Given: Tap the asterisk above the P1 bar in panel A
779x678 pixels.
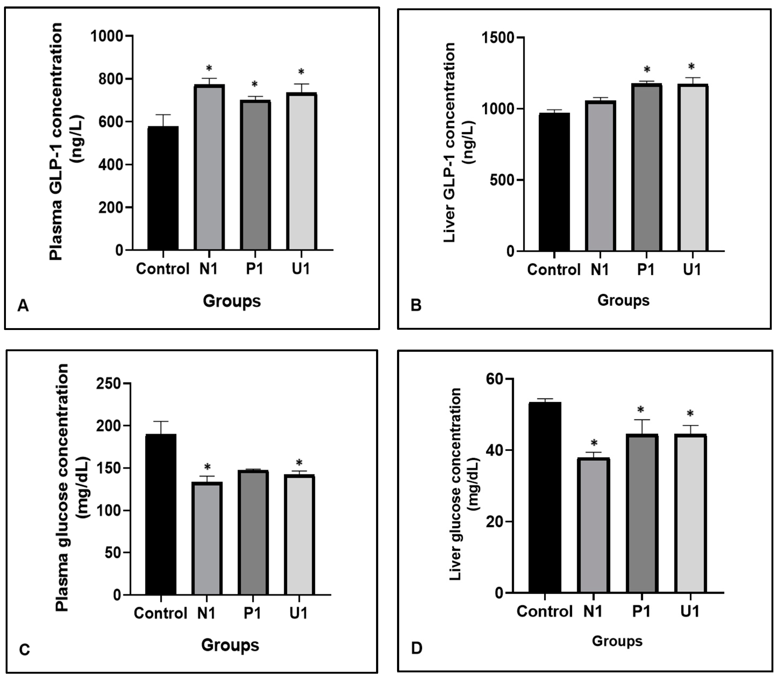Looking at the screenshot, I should (x=255, y=84).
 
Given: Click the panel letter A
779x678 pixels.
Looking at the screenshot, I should (x=23, y=305).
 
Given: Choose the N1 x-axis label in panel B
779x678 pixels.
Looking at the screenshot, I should (x=600, y=270).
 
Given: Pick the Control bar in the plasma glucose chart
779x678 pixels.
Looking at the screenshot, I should (x=161, y=515).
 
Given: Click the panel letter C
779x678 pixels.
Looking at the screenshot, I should (x=24, y=650).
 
